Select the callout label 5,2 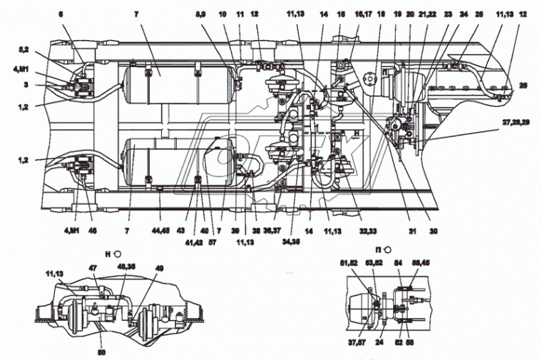[x=24, y=50]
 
